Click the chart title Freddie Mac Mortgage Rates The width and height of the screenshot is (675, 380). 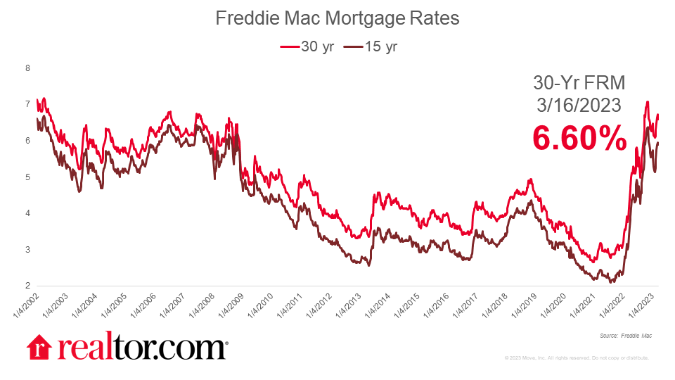[x=337, y=19]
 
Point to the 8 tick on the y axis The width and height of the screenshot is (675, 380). [x=27, y=68]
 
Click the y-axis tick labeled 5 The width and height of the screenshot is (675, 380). [x=27, y=177]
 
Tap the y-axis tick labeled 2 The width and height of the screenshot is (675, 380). [x=27, y=286]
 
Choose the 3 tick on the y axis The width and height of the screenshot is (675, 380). [x=27, y=250]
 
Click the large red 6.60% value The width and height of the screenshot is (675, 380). [x=579, y=138]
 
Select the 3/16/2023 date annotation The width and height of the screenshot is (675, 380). [x=579, y=106]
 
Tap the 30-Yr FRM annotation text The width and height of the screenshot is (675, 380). [x=579, y=83]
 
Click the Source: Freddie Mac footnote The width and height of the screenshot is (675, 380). [x=626, y=336]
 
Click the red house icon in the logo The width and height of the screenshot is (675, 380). [x=39, y=348]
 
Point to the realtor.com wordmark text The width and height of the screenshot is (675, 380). [x=141, y=348]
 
